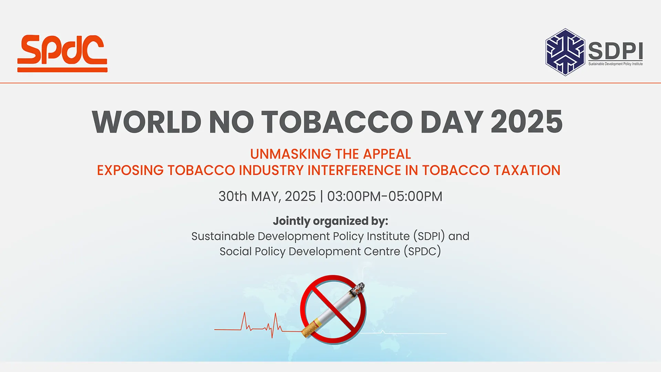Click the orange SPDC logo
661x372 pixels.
click(x=62, y=53)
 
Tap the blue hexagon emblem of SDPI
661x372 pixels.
click(x=565, y=52)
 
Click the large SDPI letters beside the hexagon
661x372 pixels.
click(x=615, y=51)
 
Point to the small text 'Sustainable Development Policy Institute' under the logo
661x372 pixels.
click(x=615, y=64)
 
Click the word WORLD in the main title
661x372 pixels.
click(x=147, y=122)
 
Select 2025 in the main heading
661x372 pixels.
click(x=526, y=122)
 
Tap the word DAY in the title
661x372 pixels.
click(x=451, y=122)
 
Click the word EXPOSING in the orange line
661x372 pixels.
click(x=130, y=170)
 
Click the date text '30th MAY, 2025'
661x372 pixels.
click(x=267, y=196)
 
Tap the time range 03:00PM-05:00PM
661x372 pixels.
click(x=385, y=196)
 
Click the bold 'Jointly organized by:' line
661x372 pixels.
click(x=330, y=221)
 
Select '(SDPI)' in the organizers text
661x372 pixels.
click(x=429, y=236)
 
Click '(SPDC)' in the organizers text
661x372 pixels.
click(x=422, y=251)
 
